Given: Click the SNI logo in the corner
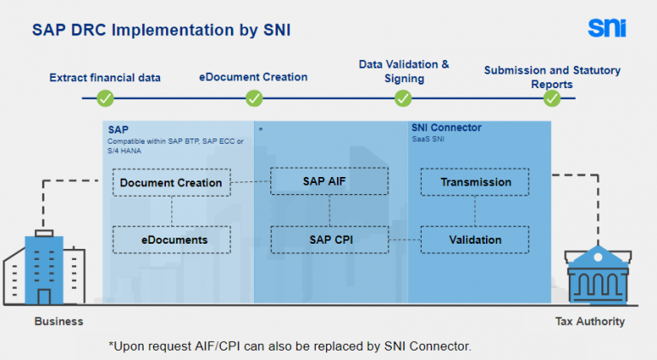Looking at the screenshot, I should pos(607,27).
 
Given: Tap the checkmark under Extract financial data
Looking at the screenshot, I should pos(105,98).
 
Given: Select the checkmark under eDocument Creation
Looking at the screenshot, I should pos(254,98).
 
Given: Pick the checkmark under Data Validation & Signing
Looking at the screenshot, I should pos(403,98).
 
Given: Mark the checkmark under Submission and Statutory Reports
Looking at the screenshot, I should pos(553,98).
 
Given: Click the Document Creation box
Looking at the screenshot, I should pos(171,182).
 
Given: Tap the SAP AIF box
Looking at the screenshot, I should pos(329,181).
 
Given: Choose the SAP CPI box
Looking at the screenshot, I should pos(329,239).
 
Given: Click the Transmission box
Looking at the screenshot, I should pos(475,182).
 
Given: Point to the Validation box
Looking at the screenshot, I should pos(475,239).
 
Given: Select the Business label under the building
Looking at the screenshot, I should pos(59,322).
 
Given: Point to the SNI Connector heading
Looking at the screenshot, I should pos(446,128).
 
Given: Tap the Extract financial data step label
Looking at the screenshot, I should pos(105,78).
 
